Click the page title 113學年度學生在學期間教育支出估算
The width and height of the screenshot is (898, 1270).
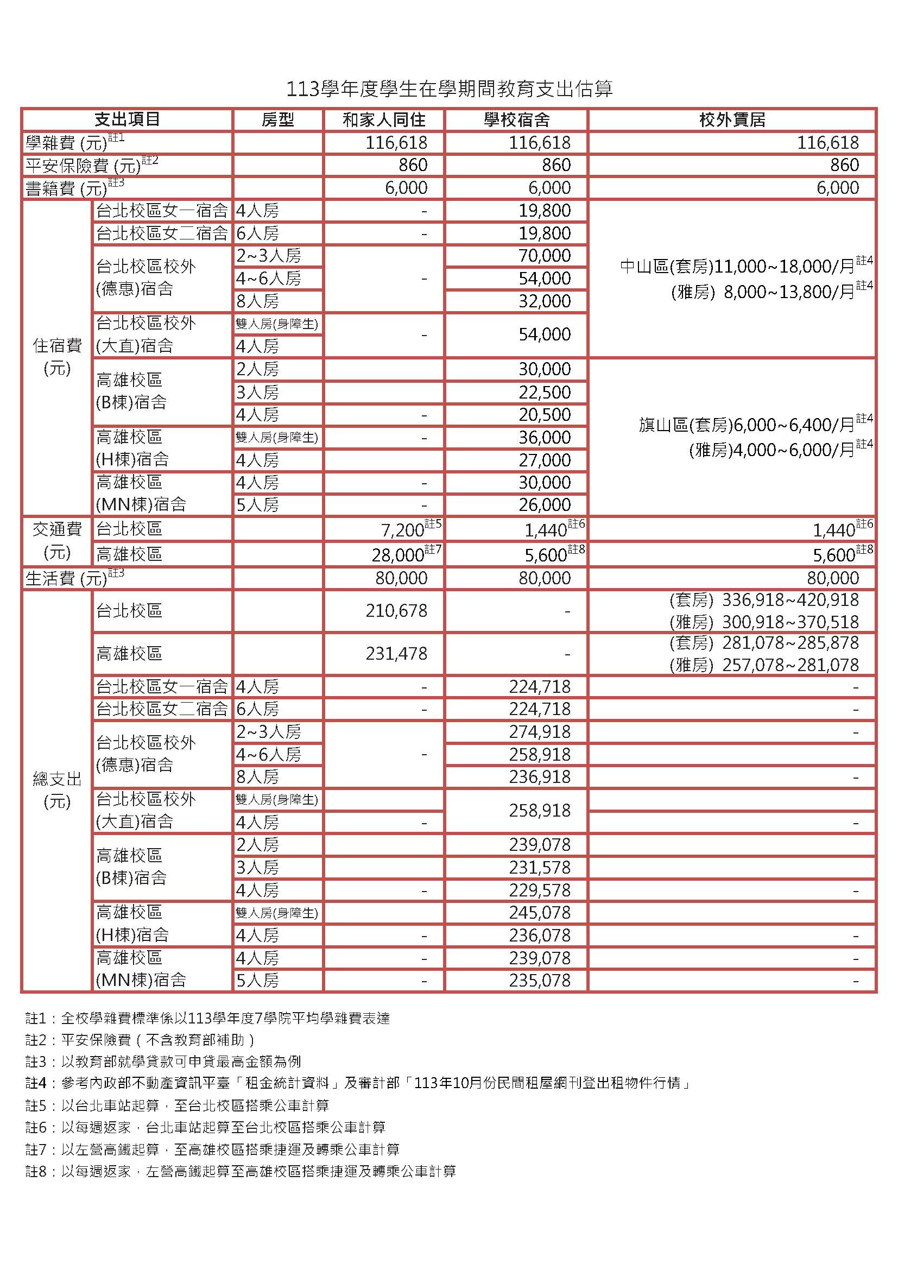point(448,89)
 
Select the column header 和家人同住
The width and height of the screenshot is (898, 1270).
point(384,119)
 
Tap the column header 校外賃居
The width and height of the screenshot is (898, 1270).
point(732,119)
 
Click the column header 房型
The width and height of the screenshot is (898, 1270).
point(277,119)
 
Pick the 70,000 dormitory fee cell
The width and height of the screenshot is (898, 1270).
point(544,256)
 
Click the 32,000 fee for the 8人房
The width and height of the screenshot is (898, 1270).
point(544,301)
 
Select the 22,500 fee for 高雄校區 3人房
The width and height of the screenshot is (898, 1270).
point(544,392)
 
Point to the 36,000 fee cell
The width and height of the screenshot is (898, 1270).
point(544,438)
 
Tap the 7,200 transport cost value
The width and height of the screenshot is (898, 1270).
point(402,530)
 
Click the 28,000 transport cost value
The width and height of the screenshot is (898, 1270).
point(397,555)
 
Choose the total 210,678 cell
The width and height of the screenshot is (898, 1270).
point(396,611)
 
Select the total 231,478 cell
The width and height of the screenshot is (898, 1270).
point(396,654)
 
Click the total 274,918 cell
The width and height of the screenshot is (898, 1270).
point(539,732)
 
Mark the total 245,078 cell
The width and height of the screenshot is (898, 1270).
point(539,913)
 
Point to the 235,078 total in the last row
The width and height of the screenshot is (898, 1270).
point(539,981)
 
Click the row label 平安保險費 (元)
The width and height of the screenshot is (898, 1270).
point(83,166)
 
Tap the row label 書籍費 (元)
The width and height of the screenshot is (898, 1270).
point(66,188)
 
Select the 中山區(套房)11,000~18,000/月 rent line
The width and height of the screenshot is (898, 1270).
point(738,267)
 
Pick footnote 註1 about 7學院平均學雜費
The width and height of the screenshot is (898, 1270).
point(207,1018)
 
